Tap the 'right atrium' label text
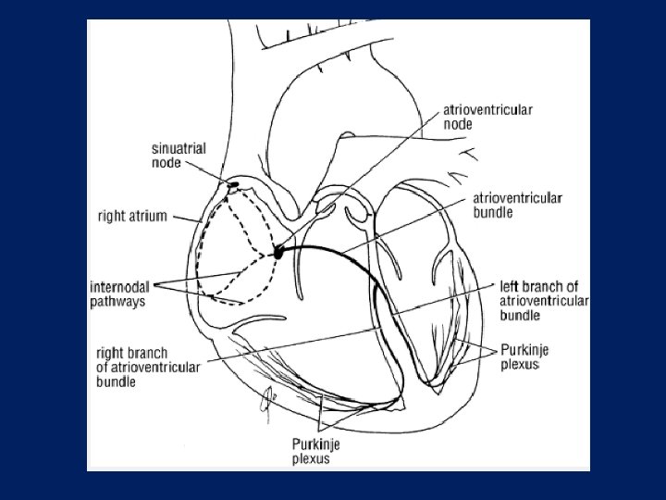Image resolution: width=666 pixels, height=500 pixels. click(x=131, y=218)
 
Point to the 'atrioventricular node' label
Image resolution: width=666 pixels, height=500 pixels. click(x=487, y=116)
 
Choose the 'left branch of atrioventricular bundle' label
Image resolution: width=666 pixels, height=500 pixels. click(x=543, y=300)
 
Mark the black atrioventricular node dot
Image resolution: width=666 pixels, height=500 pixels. click(x=278, y=252)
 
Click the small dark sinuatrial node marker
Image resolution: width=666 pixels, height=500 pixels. click(x=233, y=184)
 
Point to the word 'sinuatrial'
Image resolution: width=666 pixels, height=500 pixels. click(x=179, y=148)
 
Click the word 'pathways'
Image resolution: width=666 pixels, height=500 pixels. click(x=117, y=301)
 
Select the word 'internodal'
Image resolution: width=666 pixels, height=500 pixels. click(x=122, y=286)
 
